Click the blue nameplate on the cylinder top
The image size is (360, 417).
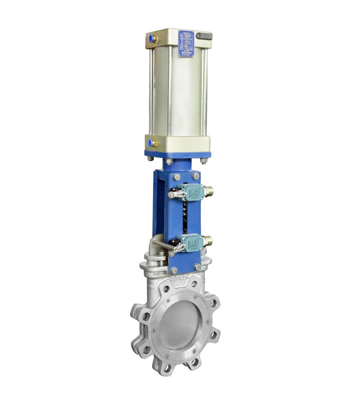(x=186, y=43)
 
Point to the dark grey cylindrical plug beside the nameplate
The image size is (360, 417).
(x=205, y=36)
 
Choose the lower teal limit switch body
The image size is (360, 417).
(x=191, y=243)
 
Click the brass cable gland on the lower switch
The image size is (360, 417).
(x=208, y=242)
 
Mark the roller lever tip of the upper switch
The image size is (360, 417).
(x=171, y=195)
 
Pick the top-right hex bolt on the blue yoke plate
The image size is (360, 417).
(x=196, y=176)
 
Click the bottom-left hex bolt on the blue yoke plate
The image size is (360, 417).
(x=175, y=271)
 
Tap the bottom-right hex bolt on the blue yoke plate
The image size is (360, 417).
(x=197, y=267)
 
